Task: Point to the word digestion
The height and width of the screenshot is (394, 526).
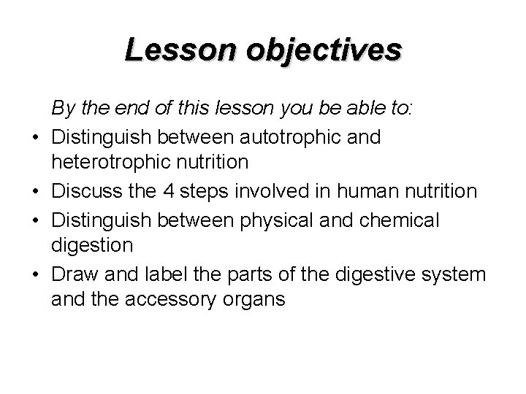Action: pyautogui.click(x=92, y=245)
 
